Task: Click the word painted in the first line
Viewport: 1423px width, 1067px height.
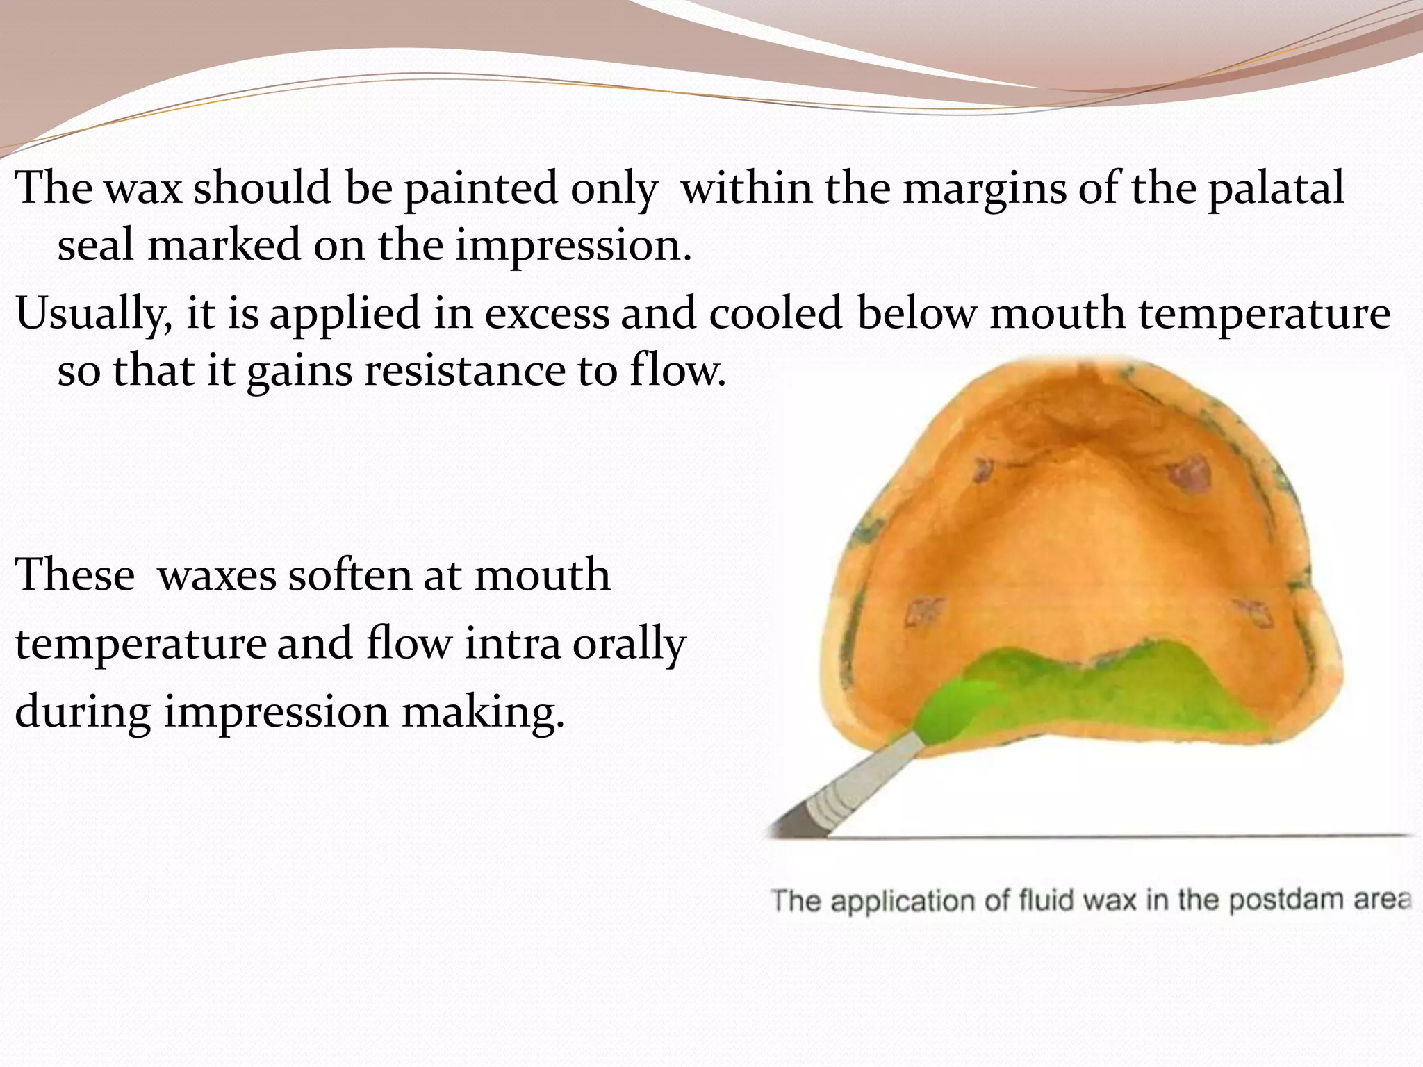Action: (x=481, y=189)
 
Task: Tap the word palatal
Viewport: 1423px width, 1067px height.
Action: (x=1276, y=189)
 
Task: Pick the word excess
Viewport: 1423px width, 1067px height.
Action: (x=546, y=314)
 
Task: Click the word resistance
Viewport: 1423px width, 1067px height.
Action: (x=464, y=371)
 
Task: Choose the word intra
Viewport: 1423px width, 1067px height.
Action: (x=513, y=644)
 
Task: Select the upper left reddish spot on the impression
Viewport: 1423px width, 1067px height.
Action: (x=982, y=469)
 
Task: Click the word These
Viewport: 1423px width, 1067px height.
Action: (x=75, y=576)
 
